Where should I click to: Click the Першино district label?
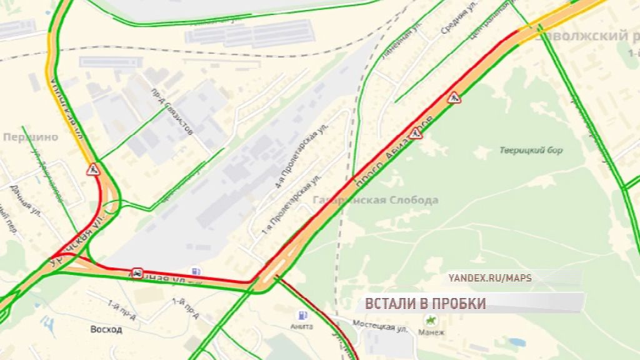pos(31,137)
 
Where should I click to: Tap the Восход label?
pos(106,329)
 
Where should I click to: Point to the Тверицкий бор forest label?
pos(532,150)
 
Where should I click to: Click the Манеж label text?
pos(431,332)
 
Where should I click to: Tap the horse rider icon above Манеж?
pos(430,320)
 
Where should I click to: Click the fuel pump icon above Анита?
pos(303,314)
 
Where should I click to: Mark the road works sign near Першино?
pos(93,169)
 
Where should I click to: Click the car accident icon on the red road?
pos(136,272)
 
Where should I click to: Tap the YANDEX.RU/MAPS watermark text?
pos(490,278)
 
